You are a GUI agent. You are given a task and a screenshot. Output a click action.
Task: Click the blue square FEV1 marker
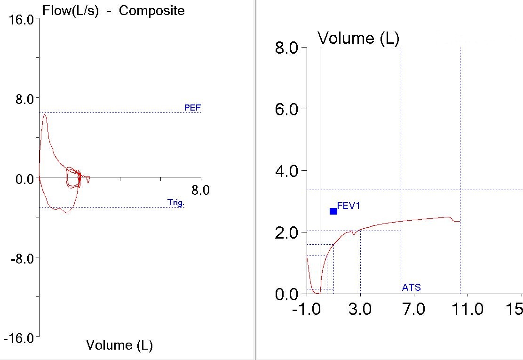(333, 211)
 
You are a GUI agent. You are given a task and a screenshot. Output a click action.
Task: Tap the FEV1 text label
(349, 206)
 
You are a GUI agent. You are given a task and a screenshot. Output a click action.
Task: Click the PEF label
(192, 108)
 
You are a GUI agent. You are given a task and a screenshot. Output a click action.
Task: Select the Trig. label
(176, 203)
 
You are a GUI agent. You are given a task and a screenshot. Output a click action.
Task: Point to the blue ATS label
(411, 287)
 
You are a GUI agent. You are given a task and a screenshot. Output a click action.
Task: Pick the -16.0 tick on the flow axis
(18, 338)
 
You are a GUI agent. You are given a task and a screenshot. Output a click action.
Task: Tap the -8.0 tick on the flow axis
(20, 258)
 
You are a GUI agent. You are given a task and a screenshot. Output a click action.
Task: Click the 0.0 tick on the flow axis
(21, 179)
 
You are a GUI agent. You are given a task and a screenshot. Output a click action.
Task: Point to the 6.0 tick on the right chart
(286, 109)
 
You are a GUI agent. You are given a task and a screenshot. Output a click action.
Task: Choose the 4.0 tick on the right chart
(286, 171)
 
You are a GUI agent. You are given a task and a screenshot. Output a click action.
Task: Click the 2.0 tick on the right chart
(286, 232)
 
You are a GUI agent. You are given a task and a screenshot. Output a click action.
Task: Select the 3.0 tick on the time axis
(360, 309)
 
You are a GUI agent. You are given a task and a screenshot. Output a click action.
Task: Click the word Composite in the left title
(151, 11)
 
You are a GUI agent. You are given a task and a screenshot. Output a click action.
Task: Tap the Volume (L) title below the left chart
(119, 345)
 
